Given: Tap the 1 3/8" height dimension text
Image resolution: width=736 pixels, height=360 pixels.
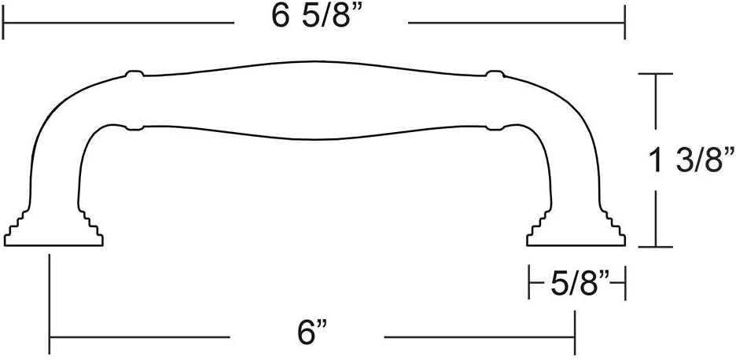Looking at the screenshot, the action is pyautogui.click(x=692, y=160).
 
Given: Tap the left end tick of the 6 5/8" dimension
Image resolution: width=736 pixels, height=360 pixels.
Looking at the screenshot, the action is pyautogui.click(x=4, y=23).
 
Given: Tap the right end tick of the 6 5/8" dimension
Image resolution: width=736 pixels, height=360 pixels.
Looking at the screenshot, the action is pyautogui.click(x=625, y=23).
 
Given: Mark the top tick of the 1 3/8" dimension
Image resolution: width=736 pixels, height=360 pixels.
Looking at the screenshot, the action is pyautogui.click(x=656, y=74).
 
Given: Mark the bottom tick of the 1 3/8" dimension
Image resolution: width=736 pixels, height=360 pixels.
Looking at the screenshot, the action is pyautogui.click(x=656, y=247).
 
